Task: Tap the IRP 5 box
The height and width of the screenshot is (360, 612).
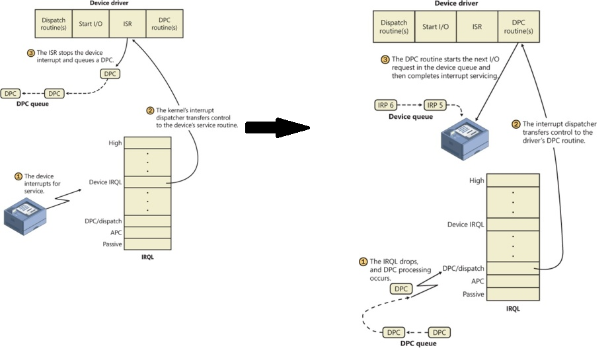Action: coord(434,104)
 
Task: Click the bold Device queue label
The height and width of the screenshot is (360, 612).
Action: coord(410,117)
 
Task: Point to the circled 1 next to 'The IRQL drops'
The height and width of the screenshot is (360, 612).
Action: coord(363,262)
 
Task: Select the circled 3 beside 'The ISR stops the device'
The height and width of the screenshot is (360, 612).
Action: coord(30,52)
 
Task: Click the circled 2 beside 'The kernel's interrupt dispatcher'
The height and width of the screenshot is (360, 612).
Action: coord(150,110)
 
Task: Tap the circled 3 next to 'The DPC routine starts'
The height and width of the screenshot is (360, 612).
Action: coord(385,59)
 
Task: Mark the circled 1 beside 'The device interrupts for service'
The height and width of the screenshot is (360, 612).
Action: coord(19,176)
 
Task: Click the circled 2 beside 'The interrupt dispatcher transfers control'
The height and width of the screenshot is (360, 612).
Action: coord(516,124)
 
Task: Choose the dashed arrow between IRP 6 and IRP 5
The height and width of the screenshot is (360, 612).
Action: coord(410,104)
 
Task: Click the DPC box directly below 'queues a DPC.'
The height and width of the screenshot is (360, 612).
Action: coord(110,74)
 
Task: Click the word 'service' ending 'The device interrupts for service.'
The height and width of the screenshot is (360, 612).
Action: coord(34,192)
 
